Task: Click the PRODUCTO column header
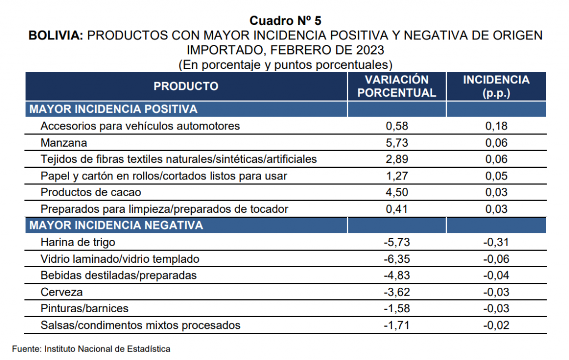click(186, 86)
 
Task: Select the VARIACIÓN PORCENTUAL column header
click(397, 86)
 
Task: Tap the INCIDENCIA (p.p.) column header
click(496, 86)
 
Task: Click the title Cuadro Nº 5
click(285, 21)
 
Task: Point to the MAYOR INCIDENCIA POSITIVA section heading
click(113, 109)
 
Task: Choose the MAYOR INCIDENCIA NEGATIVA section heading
click(116, 226)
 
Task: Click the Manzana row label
click(64, 143)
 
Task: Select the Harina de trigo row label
click(78, 242)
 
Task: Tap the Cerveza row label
click(62, 292)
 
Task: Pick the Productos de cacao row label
click(91, 192)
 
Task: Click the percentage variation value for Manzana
click(397, 143)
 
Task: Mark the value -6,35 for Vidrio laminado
click(397, 259)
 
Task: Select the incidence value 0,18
click(496, 126)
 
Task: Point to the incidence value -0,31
click(496, 242)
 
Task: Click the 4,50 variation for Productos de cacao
click(397, 192)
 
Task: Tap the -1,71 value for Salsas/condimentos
click(397, 325)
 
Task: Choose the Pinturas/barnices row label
click(84, 308)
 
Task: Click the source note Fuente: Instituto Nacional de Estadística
click(91, 349)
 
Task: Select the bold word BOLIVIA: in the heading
click(56, 36)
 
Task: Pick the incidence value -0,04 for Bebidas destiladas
click(496, 275)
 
